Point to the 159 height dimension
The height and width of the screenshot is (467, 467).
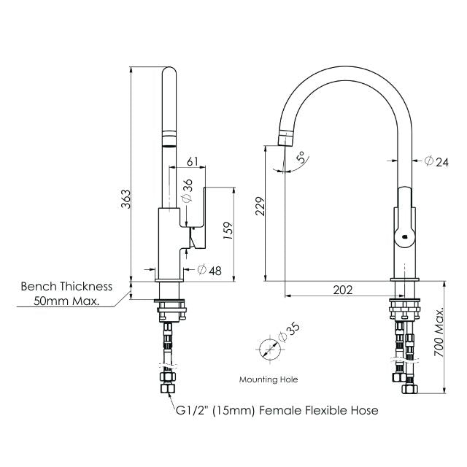(228, 232)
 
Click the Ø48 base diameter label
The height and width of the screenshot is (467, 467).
(210, 270)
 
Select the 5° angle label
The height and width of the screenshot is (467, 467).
(300, 158)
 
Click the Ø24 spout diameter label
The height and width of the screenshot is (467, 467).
(437, 162)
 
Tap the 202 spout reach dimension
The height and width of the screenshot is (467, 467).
(342, 290)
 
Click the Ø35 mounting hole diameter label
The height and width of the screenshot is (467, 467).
(290, 332)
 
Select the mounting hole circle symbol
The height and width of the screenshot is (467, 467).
(269, 350)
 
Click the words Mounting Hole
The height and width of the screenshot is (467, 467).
(269, 379)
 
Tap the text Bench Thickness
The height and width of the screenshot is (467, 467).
(66, 287)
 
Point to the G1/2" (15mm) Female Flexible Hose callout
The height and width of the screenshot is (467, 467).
(277, 411)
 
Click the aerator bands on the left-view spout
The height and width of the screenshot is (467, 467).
(169, 138)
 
